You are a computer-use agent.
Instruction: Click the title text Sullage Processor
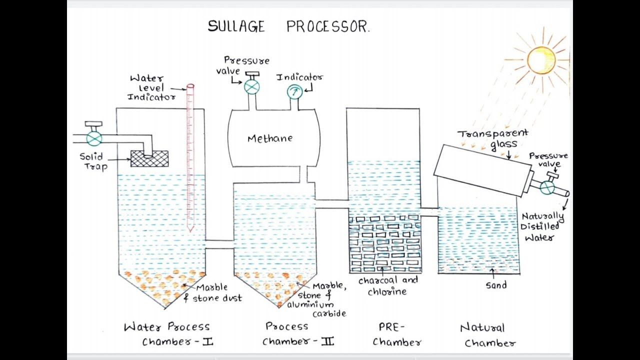point(288,26)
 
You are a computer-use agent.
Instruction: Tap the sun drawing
point(541,60)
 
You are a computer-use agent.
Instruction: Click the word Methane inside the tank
point(270,138)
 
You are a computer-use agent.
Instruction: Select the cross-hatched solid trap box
point(149,158)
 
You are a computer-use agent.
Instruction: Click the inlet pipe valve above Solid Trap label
point(93,137)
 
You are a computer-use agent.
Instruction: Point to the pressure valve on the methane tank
point(251,86)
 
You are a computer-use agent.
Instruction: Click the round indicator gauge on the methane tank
point(293,91)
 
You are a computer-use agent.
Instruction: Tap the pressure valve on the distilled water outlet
point(547,186)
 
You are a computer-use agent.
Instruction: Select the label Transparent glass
point(493,138)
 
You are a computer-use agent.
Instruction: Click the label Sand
point(496,285)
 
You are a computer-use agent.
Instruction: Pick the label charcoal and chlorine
point(388,286)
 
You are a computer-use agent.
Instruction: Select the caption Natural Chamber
point(486,335)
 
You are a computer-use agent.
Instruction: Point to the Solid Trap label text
point(93,161)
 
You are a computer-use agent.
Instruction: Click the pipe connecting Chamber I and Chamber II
point(219,244)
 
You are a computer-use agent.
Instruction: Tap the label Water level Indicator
point(150,87)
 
